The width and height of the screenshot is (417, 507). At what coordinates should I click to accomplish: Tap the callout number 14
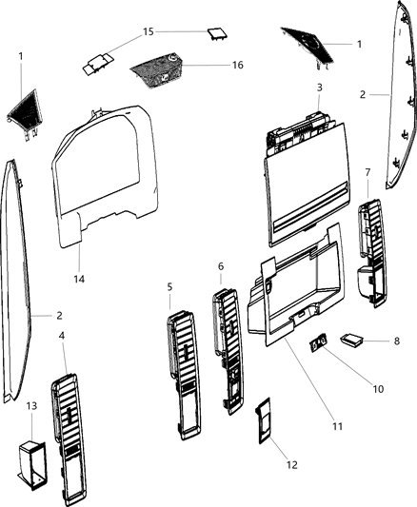[80, 278]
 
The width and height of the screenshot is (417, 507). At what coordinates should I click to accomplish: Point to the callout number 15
[148, 31]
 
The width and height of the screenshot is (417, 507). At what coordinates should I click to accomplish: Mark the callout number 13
[31, 405]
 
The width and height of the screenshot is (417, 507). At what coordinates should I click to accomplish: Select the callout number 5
[169, 286]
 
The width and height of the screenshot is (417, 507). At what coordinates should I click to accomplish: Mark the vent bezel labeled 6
[229, 352]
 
